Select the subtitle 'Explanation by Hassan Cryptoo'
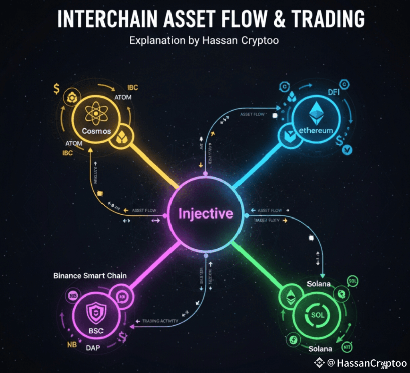[205, 40]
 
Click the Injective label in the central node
[206, 213]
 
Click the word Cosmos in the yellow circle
[96, 131]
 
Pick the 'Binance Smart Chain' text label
[90, 276]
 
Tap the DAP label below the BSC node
[93, 348]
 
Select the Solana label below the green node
[320, 349]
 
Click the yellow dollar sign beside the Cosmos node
[56, 89]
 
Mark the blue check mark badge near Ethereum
[347, 150]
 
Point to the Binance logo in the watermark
[319, 363]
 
